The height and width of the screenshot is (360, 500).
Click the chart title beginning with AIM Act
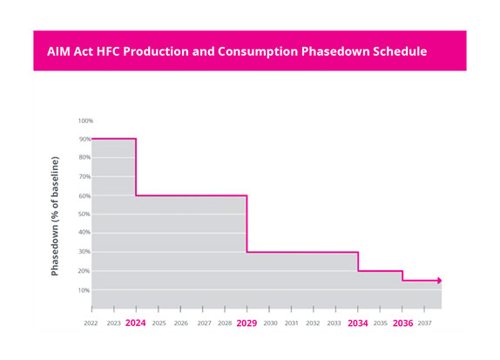click(236, 51)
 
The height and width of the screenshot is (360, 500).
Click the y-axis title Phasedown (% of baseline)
click(55, 216)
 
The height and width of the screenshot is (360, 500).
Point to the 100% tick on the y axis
click(84, 120)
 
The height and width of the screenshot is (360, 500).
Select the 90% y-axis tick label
click(84, 139)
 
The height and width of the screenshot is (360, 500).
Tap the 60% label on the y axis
click(84, 195)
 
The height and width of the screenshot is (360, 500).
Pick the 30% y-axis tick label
click(84, 252)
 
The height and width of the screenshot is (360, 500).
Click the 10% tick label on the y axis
click(84, 289)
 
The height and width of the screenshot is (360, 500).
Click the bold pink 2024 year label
click(136, 323)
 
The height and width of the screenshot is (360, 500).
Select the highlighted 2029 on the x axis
click(247, 323)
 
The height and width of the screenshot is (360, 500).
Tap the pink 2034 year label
click(358, 323)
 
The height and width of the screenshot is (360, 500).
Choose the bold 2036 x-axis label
click(402, 323)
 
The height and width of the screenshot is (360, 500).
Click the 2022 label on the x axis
click(91, 323)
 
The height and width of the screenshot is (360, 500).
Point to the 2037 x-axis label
click(425, 323)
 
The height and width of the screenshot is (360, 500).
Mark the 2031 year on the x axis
click(291, 323)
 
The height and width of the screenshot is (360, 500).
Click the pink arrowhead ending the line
click(439, 281)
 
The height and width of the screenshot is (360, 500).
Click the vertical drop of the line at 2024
click(136, 167)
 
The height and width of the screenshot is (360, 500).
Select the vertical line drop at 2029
click(247, 224)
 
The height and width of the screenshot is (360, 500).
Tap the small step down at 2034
click(358, 262)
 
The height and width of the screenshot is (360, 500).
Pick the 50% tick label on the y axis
click(84, 214)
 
